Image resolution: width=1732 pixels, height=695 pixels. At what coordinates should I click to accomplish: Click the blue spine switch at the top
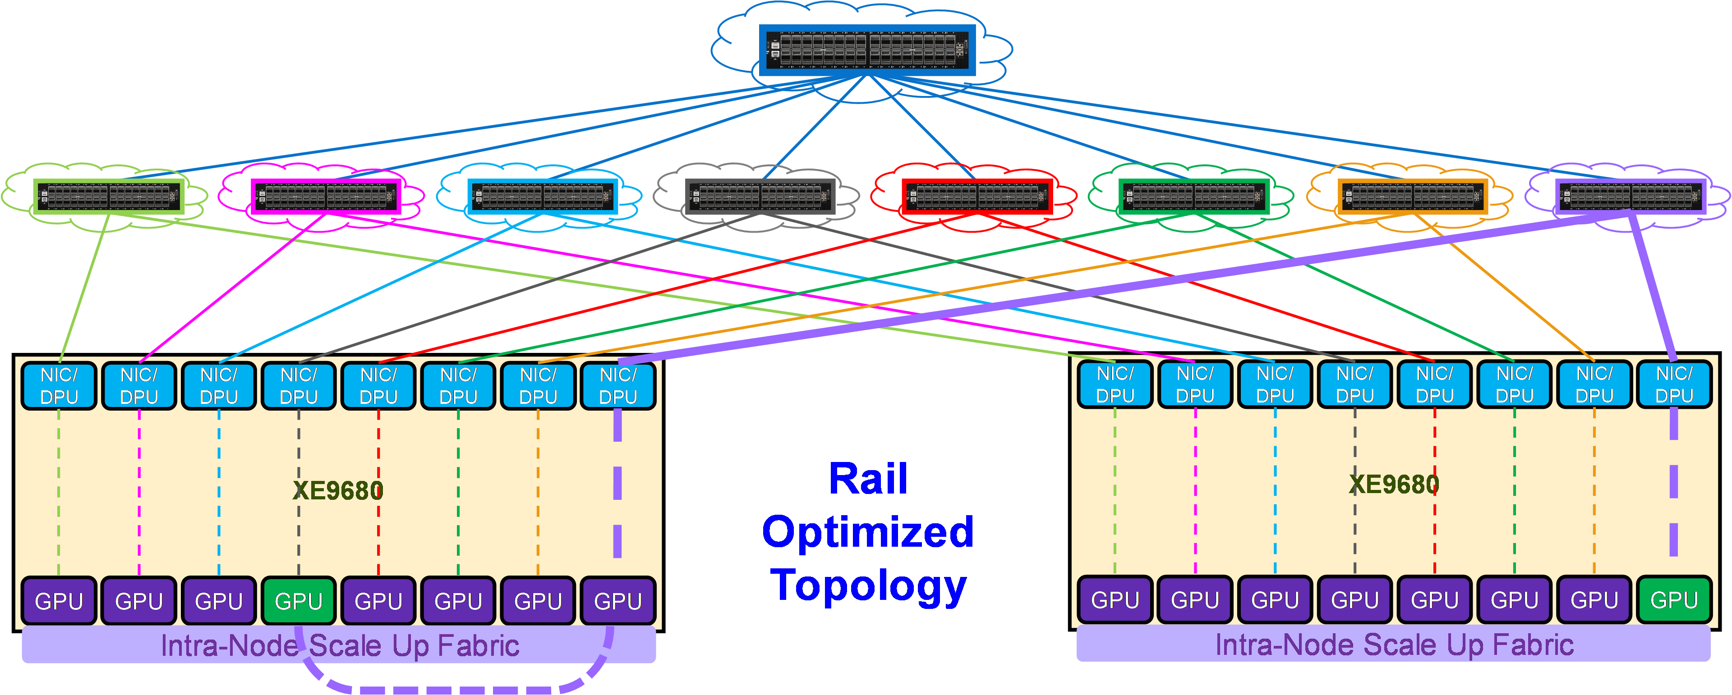tap(867, 50)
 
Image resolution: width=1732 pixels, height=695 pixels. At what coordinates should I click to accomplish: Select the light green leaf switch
tap(109, 197)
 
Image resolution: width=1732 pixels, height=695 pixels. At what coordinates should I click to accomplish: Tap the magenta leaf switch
tap(326, 197)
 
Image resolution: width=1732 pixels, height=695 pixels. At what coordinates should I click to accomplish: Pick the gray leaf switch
tap(760, 197)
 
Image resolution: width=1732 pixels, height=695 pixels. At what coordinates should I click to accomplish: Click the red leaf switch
tap(977, 197)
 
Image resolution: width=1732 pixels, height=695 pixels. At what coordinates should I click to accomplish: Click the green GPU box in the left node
tap(299, 600)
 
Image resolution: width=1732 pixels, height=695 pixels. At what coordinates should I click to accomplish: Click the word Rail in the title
tap(868, 479)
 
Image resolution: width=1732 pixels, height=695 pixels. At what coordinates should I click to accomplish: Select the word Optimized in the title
tap(868, 532)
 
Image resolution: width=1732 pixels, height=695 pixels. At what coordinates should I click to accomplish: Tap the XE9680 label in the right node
tap(1394, 484)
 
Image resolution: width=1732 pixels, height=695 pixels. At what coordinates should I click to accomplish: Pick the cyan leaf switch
tap(543, 197)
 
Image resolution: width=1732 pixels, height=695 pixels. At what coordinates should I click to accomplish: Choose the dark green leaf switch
tap(1194, 197)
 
